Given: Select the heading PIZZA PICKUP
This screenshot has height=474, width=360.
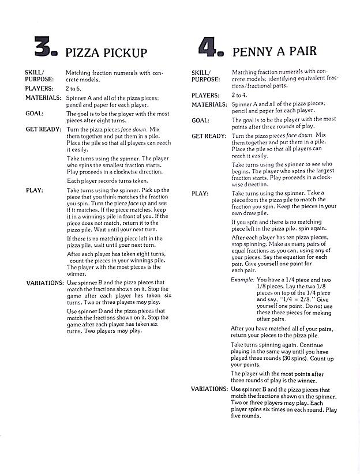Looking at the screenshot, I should [x=106, y=53].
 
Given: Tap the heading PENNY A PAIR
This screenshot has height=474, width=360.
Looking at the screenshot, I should [x=274, y=51].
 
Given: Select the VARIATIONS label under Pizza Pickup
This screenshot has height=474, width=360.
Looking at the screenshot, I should [x=44, y=283].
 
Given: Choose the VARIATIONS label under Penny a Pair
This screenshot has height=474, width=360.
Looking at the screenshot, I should [x=209, y=389].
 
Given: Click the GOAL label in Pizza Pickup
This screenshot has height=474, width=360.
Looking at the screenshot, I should [x=34, y=113].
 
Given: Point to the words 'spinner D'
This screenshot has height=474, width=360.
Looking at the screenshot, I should [x=90, y=310].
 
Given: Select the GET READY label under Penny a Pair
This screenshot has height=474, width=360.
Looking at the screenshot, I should [x=209, y=136].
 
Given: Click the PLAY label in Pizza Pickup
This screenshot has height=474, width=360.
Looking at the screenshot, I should [x=33, y=190].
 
